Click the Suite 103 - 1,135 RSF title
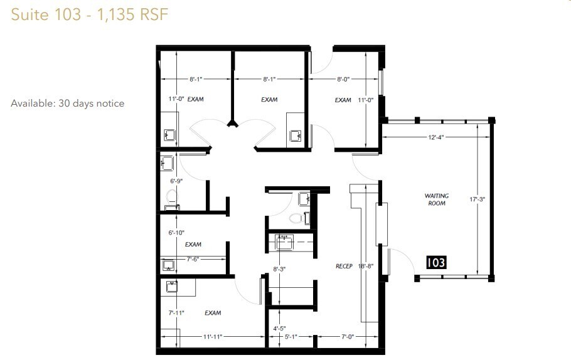pos(90,14)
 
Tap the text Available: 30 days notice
pos(68,103)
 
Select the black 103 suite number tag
pos(436,262)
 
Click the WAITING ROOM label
pos(436,199)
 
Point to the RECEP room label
pos(344,265)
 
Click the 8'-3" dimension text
pos(279,269)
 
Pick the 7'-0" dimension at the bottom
pos(347,337)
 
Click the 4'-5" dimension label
pos(279,327)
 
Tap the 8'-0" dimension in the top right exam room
pos(343,79)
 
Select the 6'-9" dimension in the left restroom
pos(176,181)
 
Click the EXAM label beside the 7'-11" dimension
pos(212,312)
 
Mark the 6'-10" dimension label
pos(176,233)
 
